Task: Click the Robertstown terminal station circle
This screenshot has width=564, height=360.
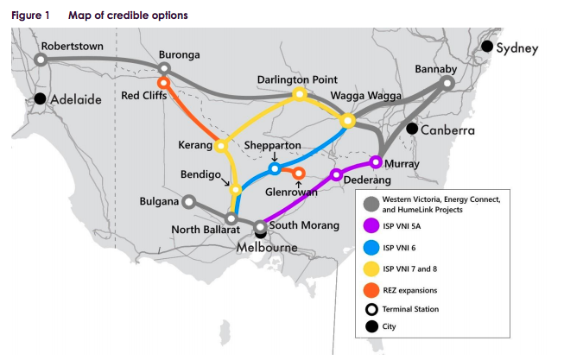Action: [x=40, y=60]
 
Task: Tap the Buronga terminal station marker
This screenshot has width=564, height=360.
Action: [x=164, y=67]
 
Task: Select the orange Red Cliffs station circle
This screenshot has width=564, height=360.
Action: [x=162, y=83]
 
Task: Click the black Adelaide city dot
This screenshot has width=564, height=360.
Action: [x=41, y=98]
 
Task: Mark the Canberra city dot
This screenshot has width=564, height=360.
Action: [x=412, y=129]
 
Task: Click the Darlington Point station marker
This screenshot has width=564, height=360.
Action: [x=300, y=94]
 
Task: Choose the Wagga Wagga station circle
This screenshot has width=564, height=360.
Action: [x=348, y=120]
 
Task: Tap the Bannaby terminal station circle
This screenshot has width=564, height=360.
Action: [x=447, y=84]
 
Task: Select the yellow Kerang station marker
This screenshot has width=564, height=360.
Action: [x=220, y=146]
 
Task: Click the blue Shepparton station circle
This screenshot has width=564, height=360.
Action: [x=275, y=168]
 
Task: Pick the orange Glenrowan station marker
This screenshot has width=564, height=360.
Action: [x=299, y=174]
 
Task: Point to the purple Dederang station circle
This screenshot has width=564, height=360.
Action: [x=337, y=175]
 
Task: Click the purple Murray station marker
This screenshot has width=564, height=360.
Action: [x=376, y=161]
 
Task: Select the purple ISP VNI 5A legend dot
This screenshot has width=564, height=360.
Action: [x=371, y=226]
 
